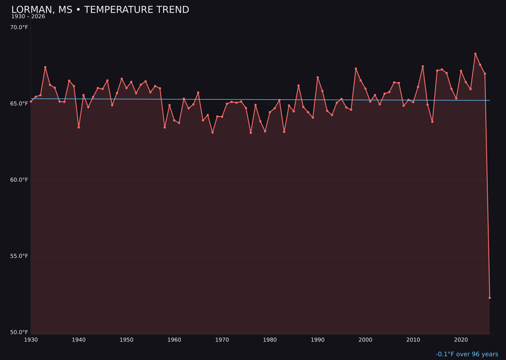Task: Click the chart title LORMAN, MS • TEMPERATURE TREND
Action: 100,10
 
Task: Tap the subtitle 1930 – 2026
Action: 28,17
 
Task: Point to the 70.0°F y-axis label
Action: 19,28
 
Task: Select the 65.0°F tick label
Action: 19,104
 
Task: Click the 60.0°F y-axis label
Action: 19,180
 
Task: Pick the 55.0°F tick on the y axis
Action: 19,256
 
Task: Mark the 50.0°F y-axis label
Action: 19,332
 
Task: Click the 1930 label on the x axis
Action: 31,340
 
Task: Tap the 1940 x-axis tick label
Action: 79,340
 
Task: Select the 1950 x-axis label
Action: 126,340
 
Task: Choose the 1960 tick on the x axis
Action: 174,340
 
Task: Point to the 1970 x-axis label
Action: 222,340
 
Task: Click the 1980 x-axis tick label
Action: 270,340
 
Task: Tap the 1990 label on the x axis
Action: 318,340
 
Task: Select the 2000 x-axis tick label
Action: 365,340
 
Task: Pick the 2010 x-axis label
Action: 413,340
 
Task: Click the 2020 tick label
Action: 461,340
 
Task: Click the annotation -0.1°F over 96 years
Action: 467,354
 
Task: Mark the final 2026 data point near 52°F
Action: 490,298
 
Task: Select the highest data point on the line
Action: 475,54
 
